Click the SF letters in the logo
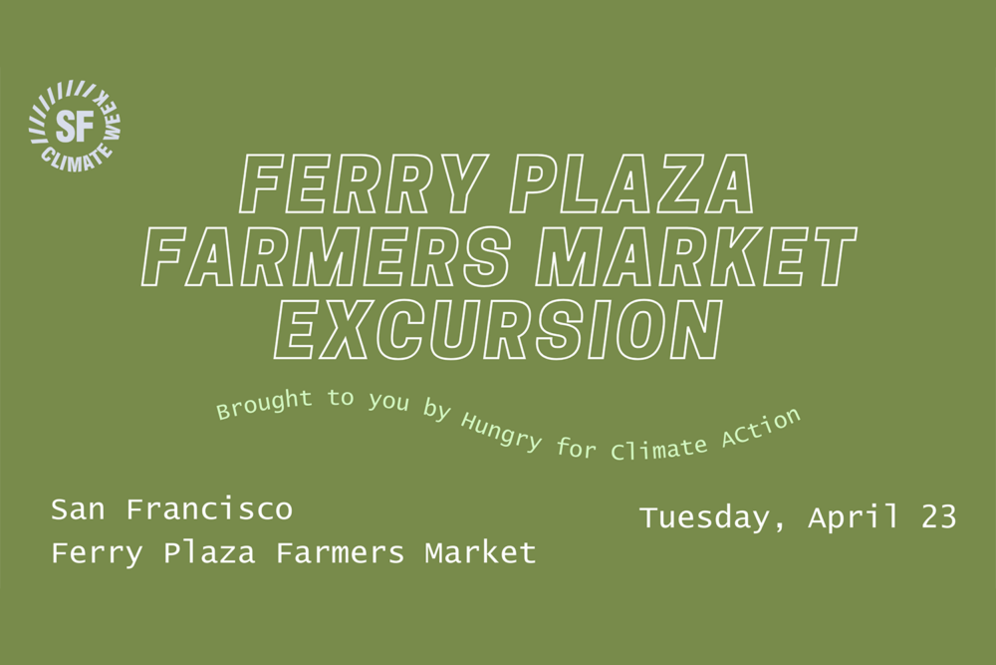75,126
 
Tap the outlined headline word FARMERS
327,256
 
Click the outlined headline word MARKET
696,256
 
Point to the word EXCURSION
499,329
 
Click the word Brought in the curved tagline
264,405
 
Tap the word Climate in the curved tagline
658,448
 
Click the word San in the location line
78,509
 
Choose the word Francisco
209,509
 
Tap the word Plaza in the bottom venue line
209,553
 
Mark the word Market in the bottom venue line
480,551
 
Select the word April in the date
854,518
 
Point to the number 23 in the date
939,516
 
